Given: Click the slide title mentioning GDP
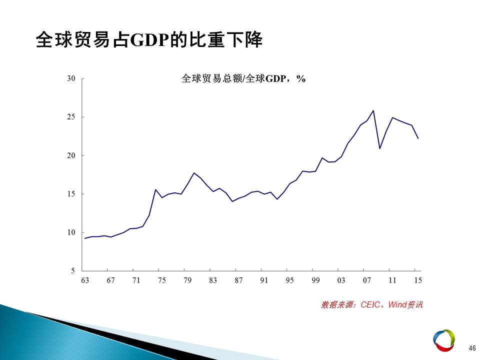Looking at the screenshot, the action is pos(149,39).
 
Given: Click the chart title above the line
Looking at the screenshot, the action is pos(243,78).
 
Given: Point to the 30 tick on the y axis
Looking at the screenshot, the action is pos(71,78).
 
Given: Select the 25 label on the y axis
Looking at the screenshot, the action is pos(71,117).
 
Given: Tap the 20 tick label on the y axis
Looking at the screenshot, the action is pos(71,155).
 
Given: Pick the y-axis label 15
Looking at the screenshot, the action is pos(71,194).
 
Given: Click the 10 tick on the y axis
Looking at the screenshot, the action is pos(71,232).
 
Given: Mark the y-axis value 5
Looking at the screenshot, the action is pos(73,270).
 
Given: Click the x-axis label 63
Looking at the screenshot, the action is pos(85,280).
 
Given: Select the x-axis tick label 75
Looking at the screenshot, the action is pos(161,280).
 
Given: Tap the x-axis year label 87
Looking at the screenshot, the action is pos(238,280).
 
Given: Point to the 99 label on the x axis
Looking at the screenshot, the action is pos(315,280).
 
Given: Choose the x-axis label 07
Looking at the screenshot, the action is pos(366,280).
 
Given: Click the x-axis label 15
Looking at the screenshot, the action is pos(418,280).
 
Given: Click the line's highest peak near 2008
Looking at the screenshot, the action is pos(373,110).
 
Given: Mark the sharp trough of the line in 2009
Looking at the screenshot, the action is pos(379,148).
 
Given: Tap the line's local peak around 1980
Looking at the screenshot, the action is pos(194,173).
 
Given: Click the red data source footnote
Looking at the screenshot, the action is pos(371,304).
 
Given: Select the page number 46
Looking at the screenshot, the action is pos(472,348).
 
